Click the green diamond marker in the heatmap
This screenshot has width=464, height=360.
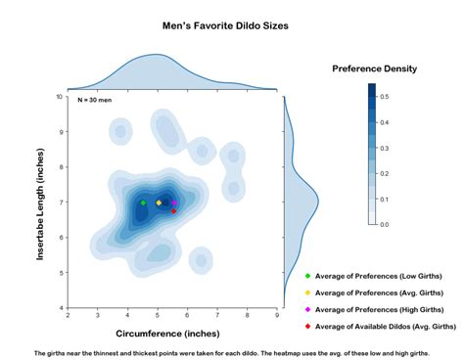143,202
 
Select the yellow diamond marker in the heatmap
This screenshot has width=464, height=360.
159,202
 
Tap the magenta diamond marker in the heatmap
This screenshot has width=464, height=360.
173,202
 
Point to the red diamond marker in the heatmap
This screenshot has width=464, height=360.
173,211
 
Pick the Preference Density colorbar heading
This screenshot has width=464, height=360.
374,68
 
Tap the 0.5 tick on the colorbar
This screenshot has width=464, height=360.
385,97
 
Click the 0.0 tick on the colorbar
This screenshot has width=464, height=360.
385,224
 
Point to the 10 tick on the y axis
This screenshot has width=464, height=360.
59,97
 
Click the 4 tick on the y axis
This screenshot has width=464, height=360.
61,308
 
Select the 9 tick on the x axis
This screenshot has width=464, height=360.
277,315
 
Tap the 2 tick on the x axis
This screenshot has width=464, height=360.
68,315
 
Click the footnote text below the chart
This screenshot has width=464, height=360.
232,351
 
